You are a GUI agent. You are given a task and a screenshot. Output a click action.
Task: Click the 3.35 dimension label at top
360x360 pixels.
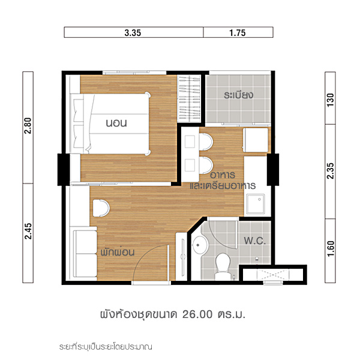click(133, 33)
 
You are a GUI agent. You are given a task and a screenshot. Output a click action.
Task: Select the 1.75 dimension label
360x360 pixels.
click(238, 33)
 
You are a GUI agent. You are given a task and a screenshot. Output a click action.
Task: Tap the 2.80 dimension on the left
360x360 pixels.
click(28, 125)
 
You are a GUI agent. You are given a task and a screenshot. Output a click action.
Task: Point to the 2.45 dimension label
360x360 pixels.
click(28, 231)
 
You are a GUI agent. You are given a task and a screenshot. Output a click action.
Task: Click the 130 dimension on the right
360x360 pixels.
click(330, 100)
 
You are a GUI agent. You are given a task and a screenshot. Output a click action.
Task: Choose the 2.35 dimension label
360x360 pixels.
click(330, 171)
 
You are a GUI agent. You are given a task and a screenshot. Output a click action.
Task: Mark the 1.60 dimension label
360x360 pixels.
click(330, 248)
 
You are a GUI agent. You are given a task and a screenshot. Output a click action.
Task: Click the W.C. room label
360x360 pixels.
click(255, 241)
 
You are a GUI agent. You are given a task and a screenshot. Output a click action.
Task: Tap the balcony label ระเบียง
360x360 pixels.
click(239, 95)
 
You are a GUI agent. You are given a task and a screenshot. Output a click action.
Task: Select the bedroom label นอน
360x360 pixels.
click(116, 123)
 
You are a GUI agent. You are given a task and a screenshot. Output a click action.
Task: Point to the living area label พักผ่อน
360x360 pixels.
click(118, 252)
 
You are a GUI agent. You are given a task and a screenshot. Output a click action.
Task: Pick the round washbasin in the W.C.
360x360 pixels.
click(199, 245)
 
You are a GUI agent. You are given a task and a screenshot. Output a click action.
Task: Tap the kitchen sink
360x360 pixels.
click(256, 203)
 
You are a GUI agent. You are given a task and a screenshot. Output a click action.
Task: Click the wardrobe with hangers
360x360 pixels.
click(189, 99)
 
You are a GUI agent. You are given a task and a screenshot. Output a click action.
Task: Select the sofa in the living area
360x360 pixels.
click(84, 253)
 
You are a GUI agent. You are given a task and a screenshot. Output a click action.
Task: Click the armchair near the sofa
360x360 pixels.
click(101, 208)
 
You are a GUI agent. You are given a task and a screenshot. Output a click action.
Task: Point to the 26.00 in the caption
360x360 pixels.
click(197, 314)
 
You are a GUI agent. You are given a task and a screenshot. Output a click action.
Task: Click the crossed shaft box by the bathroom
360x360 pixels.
click(273, 275)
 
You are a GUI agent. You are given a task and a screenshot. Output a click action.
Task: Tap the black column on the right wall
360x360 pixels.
click(273, 170)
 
